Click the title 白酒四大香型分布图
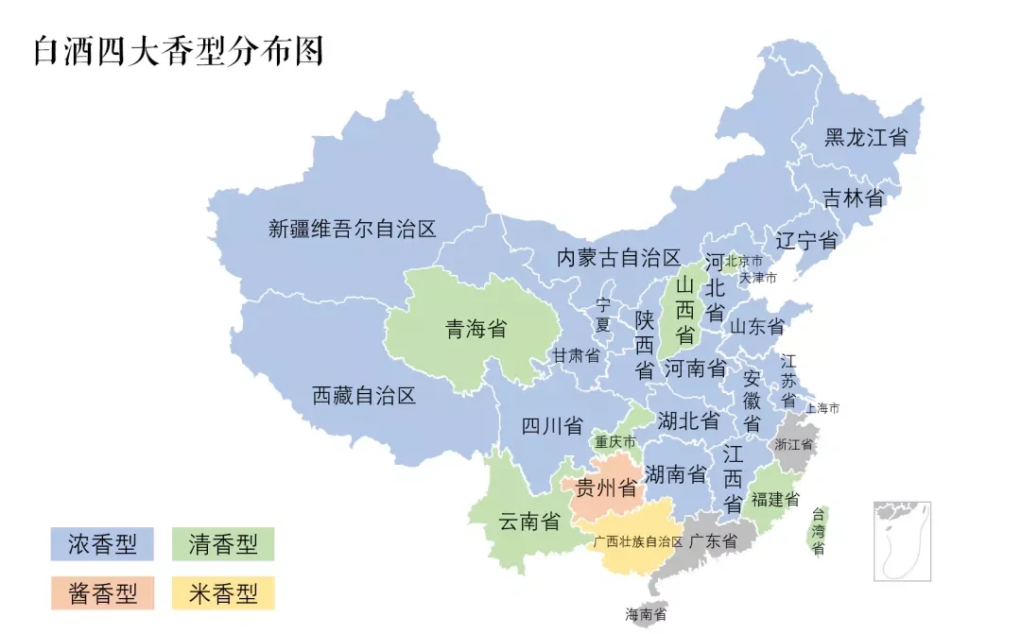179,50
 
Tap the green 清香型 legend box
223,544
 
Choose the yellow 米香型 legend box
223,593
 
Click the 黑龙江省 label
865,137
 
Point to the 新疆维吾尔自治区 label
353,229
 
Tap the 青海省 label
476,329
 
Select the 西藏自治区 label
364,396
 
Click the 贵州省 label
606,488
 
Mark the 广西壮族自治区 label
637,542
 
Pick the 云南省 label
529,521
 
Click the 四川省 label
552,425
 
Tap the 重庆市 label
614,442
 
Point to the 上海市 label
822,408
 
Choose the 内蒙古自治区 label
618,258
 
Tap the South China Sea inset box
902,540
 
